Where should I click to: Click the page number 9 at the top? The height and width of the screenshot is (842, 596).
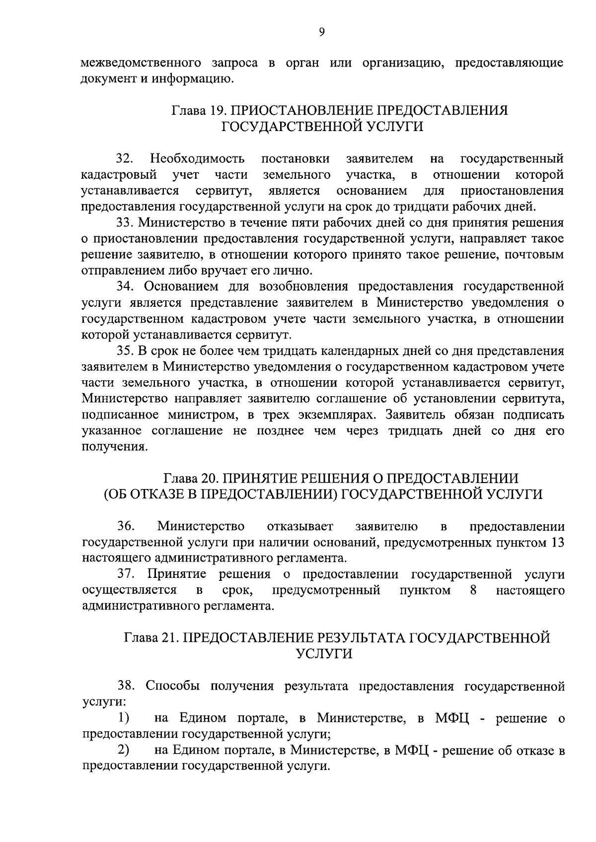point(321,32)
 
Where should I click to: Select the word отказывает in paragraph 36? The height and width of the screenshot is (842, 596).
point(300,526)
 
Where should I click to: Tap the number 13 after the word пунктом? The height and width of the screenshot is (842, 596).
point(557,542)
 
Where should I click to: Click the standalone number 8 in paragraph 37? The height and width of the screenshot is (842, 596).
point(473,590)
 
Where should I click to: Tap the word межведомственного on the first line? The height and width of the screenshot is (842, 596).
point(141,63)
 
